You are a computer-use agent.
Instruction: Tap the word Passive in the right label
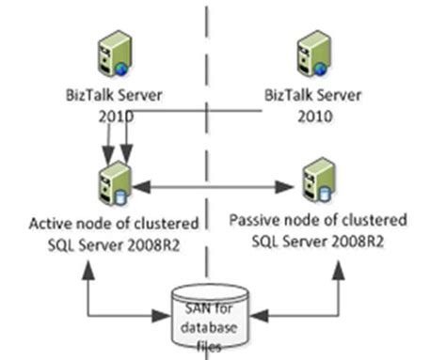(257, 221)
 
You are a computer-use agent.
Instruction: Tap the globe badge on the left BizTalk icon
(121, 68)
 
